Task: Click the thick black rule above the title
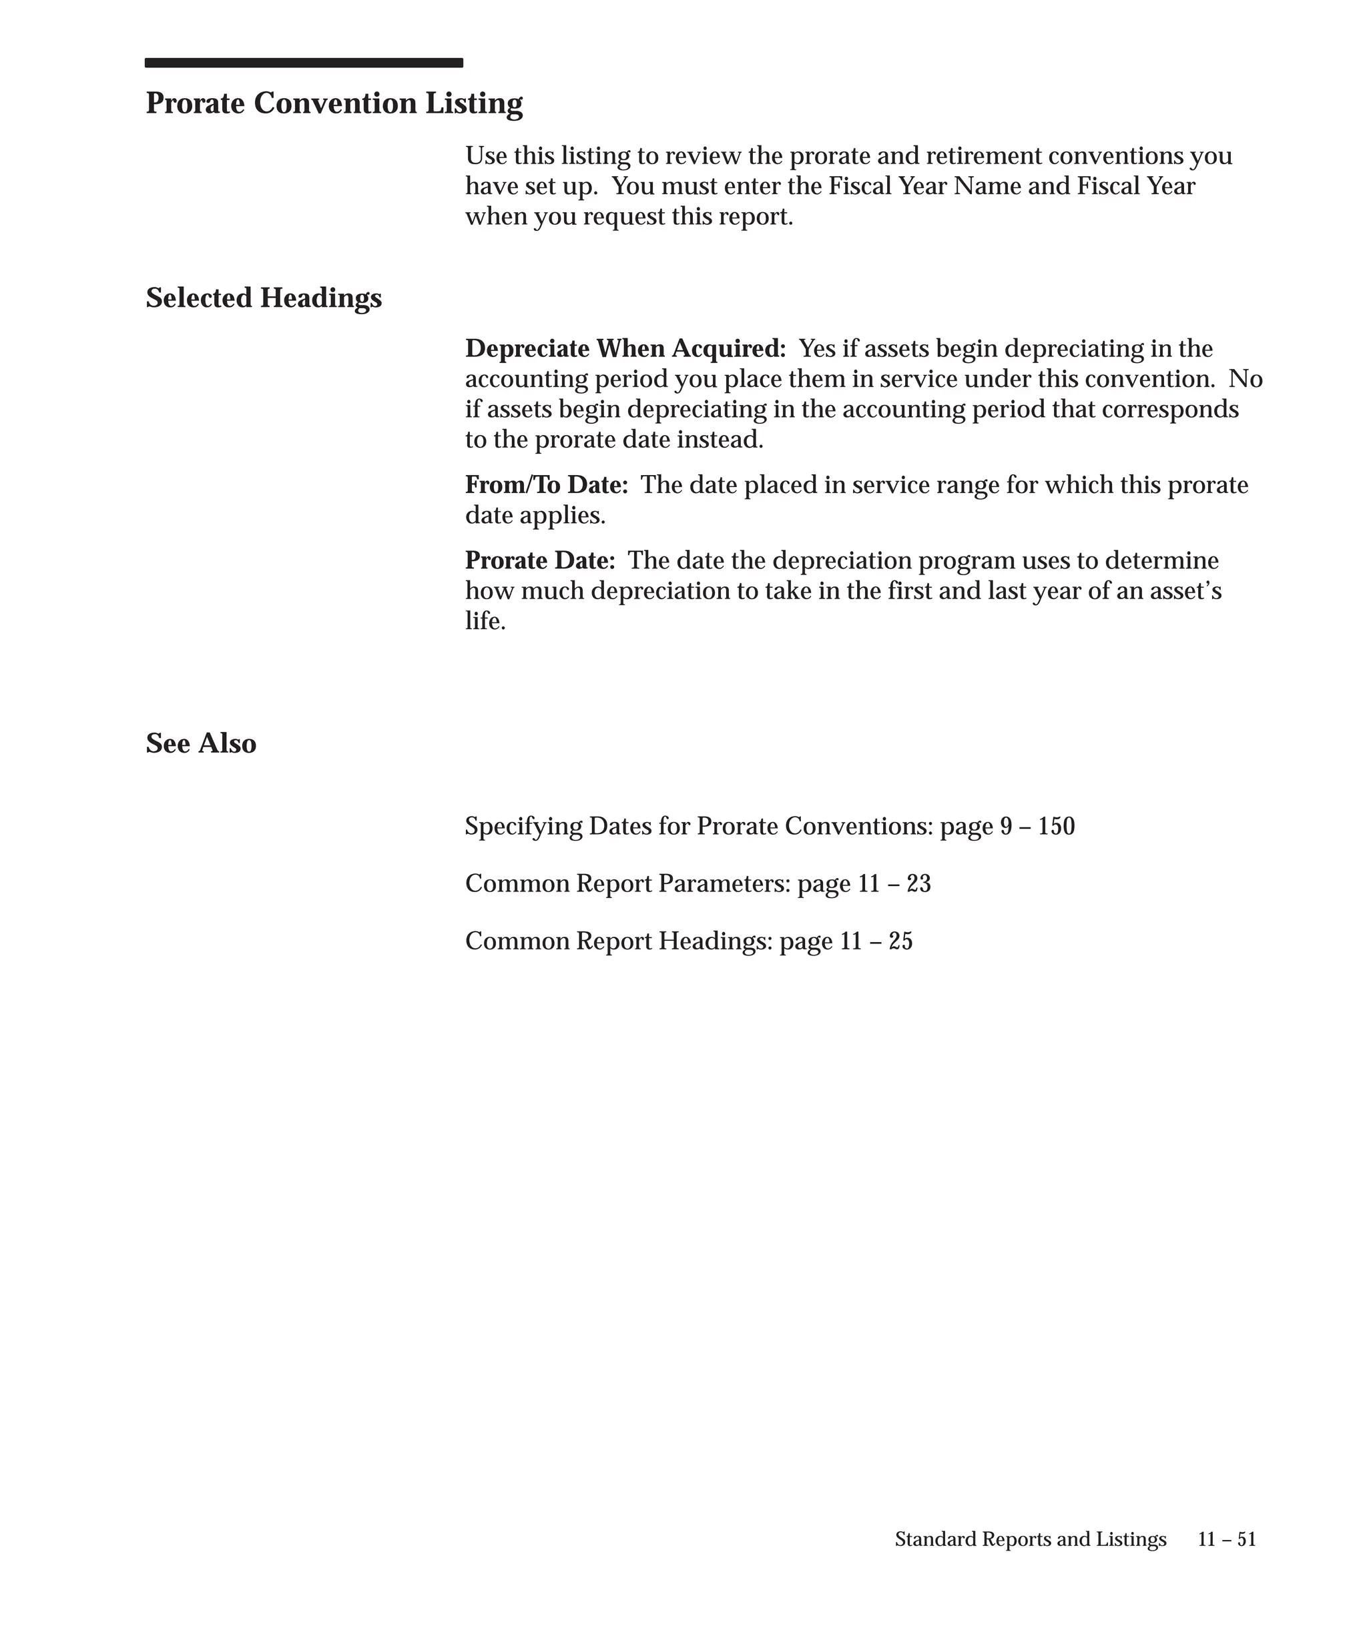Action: (303, 63)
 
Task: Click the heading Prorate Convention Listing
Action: (334, 103)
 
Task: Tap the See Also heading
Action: (201, 743)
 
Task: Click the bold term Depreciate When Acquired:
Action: (625, 348)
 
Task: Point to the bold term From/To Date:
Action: (546, 485)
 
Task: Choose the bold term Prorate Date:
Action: (540, 560)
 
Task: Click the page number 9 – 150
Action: (1037, 826)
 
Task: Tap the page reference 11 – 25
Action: (876, 941)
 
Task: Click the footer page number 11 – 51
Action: (1226, 1539)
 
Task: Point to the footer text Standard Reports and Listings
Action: (1031, 1539)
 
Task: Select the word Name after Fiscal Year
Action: (987, 187)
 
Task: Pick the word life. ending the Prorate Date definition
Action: (485, 622)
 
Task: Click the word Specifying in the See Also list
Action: (523, 826)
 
